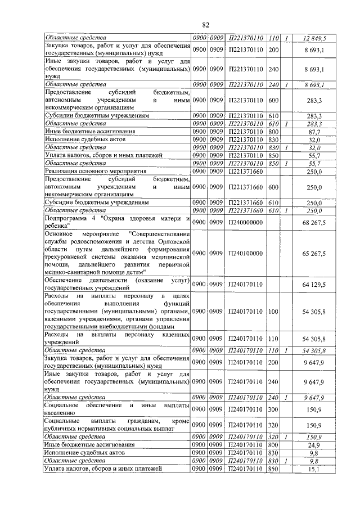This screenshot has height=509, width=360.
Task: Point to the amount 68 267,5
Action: coord(314,224)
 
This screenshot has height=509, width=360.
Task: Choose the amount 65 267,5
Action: coord(314,254)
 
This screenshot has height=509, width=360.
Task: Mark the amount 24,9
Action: coord(319,444)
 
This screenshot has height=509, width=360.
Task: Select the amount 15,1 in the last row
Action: coord(319,469)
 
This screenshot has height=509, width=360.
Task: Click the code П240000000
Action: coord(245,224)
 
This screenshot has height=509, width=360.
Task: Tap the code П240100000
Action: coord(245,254)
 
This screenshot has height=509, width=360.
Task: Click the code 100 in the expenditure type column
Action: coord(274,311)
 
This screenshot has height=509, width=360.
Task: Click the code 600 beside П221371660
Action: coord(274,187)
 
